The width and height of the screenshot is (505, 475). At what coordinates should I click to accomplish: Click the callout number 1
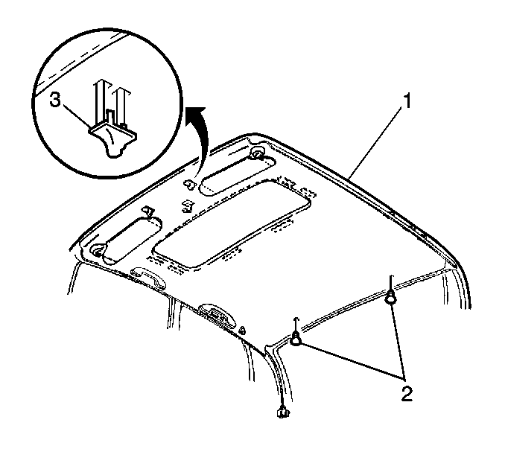pyautogui.click(x=407, y=101)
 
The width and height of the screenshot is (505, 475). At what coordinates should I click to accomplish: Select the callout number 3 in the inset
pyautogui.click(x=55, y=101)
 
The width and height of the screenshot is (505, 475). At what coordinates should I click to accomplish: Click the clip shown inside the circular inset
pyautogui.click(x=113, y=139)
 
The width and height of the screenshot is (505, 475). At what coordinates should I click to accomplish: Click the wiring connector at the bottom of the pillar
pyautogui.click(x=282, y=412)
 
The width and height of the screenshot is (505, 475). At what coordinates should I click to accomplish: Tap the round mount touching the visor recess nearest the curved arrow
pyautogui.click(x=257, y=153)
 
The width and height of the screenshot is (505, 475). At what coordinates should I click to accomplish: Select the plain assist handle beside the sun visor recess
pyautogui.click(x=148, y=277)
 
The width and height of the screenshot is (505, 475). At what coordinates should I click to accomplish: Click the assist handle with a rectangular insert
pyautogui.click(x=217, y=315)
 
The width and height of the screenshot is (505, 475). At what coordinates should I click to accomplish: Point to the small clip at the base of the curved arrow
pyautogui.click(x=189, y=185)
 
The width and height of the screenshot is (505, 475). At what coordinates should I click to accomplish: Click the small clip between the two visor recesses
pyautogui.click(x=187, y=206)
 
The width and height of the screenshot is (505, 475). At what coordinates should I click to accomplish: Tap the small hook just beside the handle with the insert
pyautogui.click(x=243, y=331)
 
